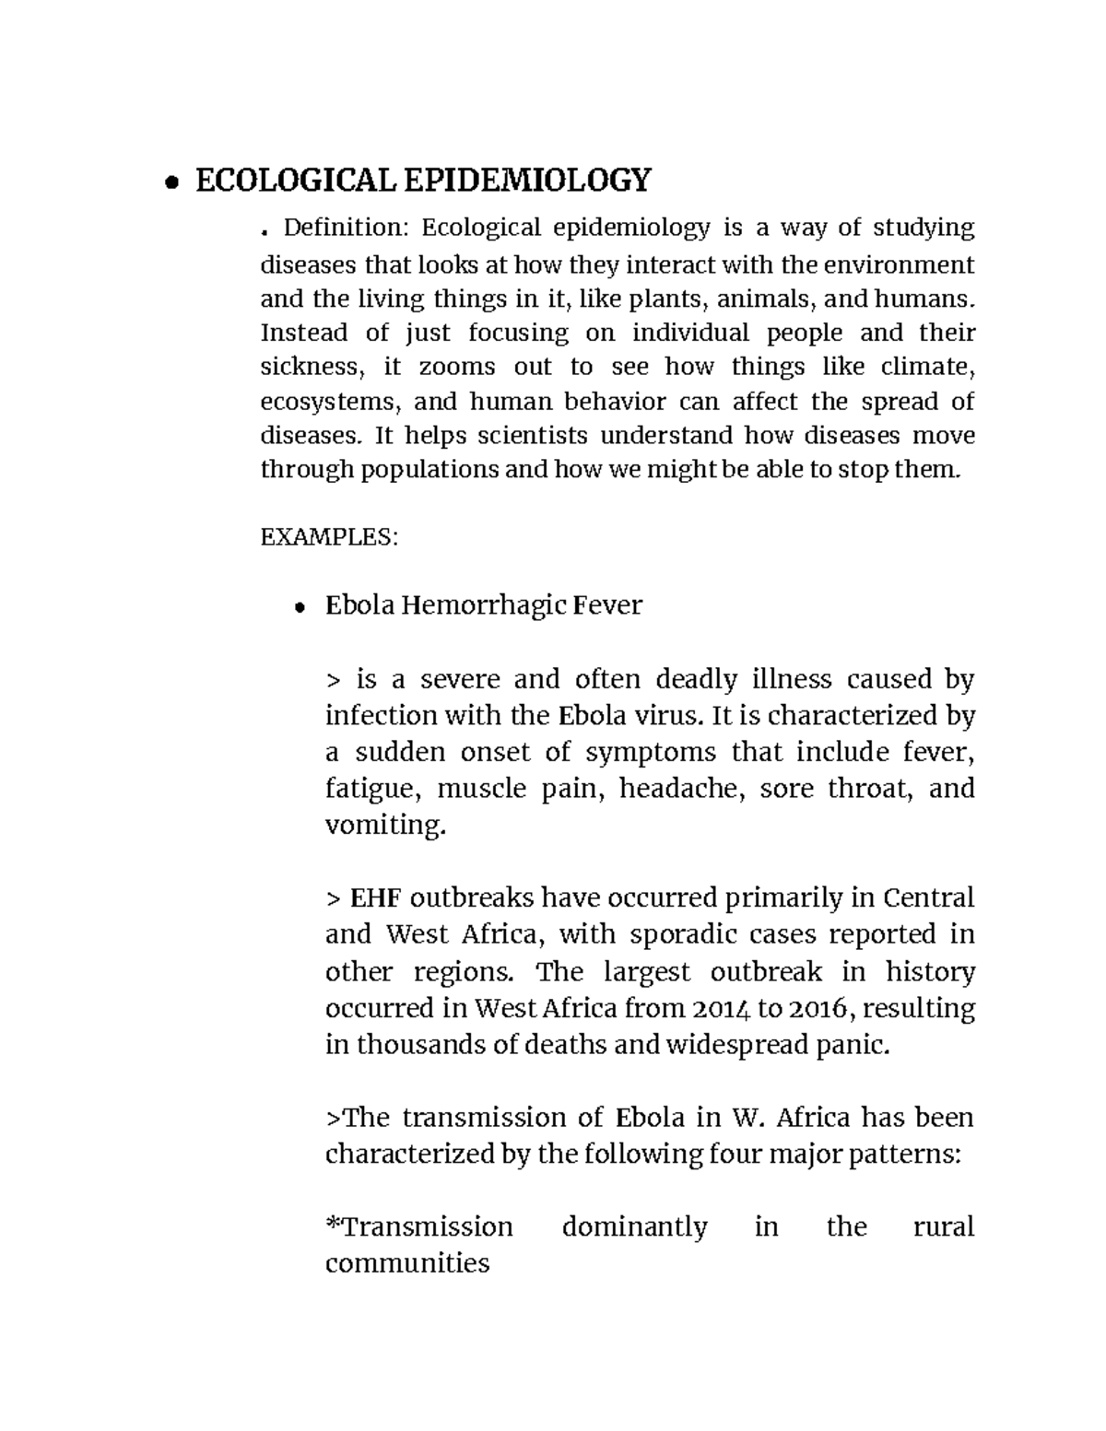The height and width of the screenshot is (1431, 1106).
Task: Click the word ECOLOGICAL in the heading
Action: tap(296, 181)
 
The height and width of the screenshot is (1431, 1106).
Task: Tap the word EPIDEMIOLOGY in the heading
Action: tap(527, 181)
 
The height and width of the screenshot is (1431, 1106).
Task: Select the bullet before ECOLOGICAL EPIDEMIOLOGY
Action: tap(171, 183)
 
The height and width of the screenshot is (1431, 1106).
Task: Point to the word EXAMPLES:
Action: tap(329, 537)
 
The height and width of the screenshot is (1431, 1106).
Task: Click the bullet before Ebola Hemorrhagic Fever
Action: tap(298, 608)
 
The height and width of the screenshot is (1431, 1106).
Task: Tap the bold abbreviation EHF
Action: tap(374, 898)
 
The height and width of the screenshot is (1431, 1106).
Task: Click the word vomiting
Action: tap(385, 826)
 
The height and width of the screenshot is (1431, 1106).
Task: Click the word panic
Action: tap(858, 1045)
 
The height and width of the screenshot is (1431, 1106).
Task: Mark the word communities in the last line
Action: tap(406, 1263)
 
